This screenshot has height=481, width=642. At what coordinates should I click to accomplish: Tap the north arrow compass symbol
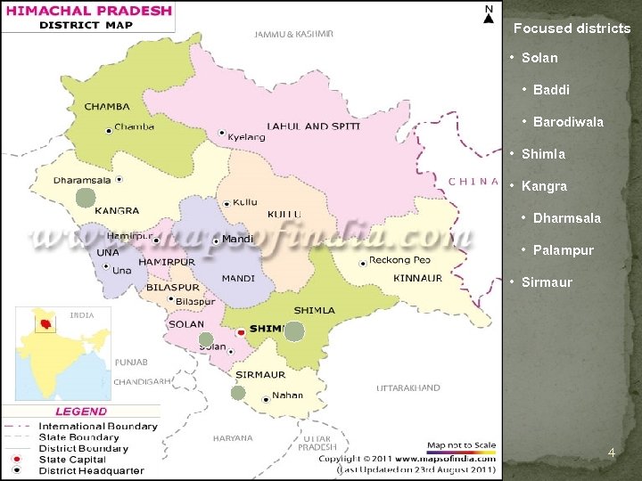(488, 15)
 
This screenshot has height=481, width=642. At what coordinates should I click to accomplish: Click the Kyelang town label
(246, 137)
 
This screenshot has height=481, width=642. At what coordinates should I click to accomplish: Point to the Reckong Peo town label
(399, 260)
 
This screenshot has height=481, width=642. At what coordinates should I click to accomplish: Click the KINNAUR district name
(417, 278)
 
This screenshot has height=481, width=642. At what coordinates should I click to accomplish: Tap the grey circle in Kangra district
(85, 198)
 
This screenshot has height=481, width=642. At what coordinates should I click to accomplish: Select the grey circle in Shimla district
(294, 331)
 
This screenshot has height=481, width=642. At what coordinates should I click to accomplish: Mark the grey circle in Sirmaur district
(238, 392)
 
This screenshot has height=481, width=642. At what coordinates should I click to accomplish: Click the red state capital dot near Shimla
(241, 331)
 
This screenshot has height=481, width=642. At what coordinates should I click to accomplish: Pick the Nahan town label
(287, 395)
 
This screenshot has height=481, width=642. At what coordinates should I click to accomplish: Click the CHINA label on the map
(473, 181)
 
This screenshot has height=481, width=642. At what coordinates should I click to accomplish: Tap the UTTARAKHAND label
(407, 388)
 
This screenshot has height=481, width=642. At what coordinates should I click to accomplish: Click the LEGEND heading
(80, 412)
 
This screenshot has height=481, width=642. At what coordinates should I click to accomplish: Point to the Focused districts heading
(572, 29)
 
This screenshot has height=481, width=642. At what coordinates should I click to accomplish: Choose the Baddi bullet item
(551, 90)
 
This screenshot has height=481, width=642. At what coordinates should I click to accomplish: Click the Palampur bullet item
(563, 250)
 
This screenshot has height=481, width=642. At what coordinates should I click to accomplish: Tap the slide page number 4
(611, 453)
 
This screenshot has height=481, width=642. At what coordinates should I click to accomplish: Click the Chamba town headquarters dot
(109, 130)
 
